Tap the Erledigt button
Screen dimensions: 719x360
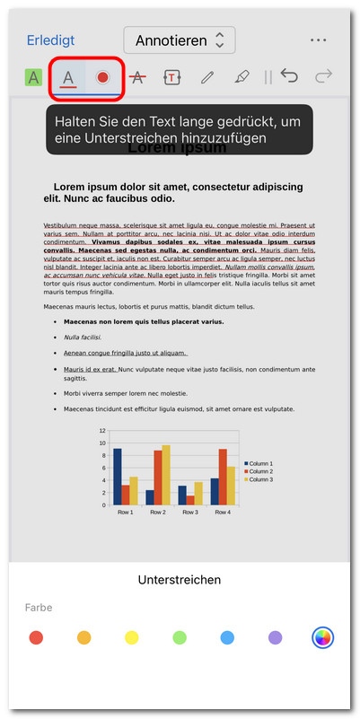(x=50, y=40)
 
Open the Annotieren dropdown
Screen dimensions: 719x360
(x=180, y=40)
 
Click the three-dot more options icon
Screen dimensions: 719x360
(x=318, y=40)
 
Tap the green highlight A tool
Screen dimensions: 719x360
(x=33, y=77)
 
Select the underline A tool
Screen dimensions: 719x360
(x=68, y=77)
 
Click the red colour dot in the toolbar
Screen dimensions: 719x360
(x=103, y=77)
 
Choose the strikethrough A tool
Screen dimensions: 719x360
(x=137, y=77)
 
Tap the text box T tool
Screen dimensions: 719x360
(x=171, y=77)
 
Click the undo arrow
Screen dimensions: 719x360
(x=289, y=76)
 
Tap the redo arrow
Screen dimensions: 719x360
(x=324, y=76)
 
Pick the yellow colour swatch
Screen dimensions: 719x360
(x=132, y=637)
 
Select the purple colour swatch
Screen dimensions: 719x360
(x=276, y=637)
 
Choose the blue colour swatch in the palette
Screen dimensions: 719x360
(x=227, y=637)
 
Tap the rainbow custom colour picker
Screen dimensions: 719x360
(x=323, y=637)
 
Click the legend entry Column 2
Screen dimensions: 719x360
(x=259, y=471)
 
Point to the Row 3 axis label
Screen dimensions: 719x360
(x=189, y=513)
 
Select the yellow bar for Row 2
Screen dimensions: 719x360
(x=166, y=475)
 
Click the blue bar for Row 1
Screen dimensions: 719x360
(x=117, y=477)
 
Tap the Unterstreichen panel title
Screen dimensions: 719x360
(x=180, y=580)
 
